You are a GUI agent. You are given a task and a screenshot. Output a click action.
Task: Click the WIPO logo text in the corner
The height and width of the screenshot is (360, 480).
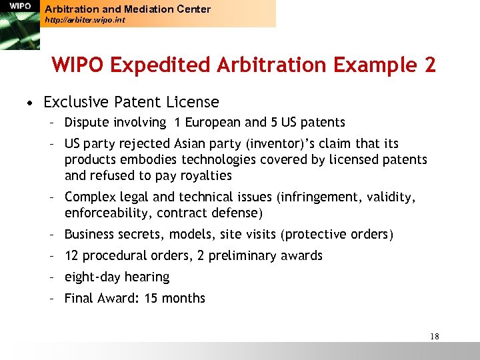(x=19, y=6)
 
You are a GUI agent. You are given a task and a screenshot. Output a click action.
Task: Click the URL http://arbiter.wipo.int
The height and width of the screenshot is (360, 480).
(x=84, y=21)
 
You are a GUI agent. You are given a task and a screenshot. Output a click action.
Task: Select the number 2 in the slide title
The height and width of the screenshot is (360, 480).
(x=429, y=65)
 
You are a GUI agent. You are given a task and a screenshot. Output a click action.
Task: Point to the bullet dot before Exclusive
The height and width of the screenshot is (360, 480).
(x=31, y=103)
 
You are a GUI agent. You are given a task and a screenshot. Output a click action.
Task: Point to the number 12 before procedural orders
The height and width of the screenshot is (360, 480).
(x=72, y=255)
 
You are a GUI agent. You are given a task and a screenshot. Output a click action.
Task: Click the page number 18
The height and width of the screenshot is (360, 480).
(x=435, y=337)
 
